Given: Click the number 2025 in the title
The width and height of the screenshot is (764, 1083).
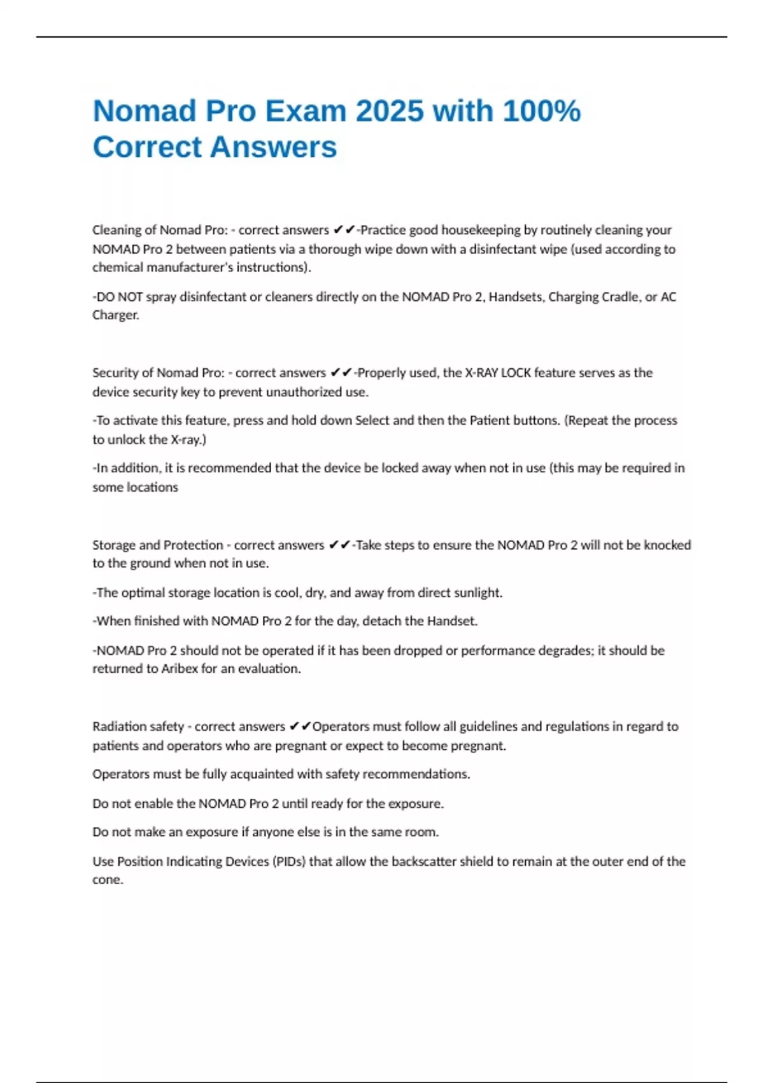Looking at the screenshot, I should click(389, 111).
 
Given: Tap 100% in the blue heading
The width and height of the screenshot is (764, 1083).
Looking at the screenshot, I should click(541, 111).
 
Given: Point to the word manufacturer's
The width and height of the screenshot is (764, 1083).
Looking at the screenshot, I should click(190, 268).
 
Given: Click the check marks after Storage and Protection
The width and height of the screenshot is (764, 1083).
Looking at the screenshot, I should click(340, 545).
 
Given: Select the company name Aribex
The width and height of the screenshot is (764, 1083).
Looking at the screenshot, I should click(180, 669).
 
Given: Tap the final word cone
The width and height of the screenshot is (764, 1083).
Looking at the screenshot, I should click(108, 880).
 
